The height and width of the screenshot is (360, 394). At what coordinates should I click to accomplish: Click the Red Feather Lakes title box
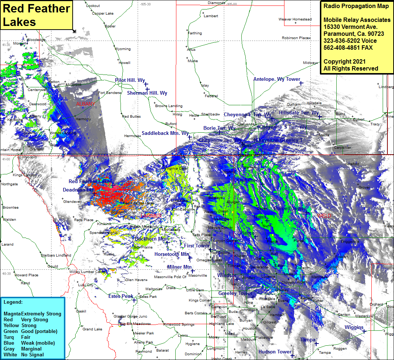click(x=36, y=15)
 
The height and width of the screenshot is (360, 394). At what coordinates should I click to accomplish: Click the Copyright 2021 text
click(x=344, y=61)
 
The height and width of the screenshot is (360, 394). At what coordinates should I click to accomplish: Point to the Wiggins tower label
click(x=353, y=327)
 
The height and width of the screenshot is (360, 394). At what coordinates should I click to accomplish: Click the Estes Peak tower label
click(x=121, y=296)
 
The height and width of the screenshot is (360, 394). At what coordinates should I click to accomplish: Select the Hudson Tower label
click(x=275, y=352)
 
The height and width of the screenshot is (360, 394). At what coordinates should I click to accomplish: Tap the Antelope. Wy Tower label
click(x=276, y=79)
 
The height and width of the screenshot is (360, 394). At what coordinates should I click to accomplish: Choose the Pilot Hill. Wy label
click(x=130, y=80)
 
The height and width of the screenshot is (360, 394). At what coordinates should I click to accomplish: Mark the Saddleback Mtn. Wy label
click(x=165, y=133)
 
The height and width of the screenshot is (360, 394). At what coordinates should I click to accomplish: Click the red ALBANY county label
click(x=85, y=104)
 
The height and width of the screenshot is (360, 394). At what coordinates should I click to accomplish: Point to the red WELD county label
click(x=324, y=216)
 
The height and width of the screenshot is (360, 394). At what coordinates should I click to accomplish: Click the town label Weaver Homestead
click(x=295, y=19)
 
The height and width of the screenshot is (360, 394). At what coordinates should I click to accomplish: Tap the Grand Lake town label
click(x=92, y=329)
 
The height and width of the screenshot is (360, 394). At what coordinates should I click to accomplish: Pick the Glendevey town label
click(x=72, y=201)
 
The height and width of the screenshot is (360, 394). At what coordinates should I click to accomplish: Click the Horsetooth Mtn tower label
click(x=171, y=254)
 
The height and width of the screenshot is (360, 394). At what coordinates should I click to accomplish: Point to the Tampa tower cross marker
click(x=317, y=344)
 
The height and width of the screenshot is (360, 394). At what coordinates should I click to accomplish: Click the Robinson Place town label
click(x=295, y=38)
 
